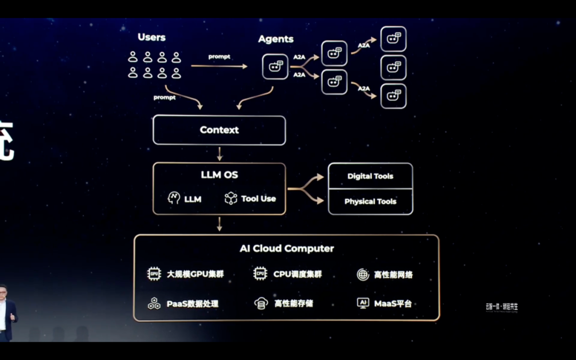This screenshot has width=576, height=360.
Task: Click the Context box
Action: pyautogui.click(x=219, y=130)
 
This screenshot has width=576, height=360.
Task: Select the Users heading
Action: pyautogui.click(x=151, y=37)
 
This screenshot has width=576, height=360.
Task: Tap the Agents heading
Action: pyautogui.click(x=276, y=39)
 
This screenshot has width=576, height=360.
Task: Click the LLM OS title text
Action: pyautogui.click(x=219, y=175)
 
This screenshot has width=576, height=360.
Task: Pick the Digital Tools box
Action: pyautogui.click(x=370, y=176)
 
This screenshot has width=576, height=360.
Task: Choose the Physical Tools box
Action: pyautogui.click(x=370, y=202)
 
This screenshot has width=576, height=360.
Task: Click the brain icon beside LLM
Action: pyautogui.click(x=174, y=198)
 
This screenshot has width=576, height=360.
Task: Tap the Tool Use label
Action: pyautogui.click(x=258, y=198)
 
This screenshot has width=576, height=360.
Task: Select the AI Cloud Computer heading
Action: pyautogui.click(x=286, y=249)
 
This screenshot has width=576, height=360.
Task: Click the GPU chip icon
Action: pyautogui.click(x=154, y=274)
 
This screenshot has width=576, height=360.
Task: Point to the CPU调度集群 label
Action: pyautogui.click(x=298, y=274)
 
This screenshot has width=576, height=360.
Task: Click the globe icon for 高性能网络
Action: pyautogui.click(x=363, y=275)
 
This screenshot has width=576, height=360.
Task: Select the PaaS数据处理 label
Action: pyautogui.click(x=193, y=303)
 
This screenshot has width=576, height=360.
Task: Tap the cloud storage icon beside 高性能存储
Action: pyautogui.click(x=260, y=303)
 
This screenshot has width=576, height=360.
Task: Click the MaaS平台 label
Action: pyautogui.click(x=393, y=303)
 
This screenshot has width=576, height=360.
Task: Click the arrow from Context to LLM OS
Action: pyautogui.click(x=219, y=154)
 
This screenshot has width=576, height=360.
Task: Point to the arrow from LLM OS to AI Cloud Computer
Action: pyautogui.click(x=219, y=224)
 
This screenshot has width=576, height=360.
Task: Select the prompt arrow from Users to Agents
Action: pyautogui.click(x=219, y=66)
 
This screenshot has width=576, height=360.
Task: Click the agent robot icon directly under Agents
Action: pyautogui.click(x=275, y=67)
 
